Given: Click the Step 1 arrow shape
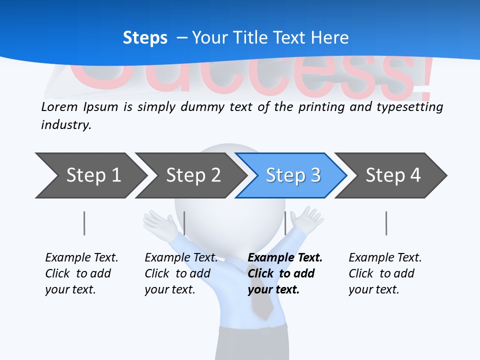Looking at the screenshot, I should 90,175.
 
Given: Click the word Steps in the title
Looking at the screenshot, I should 145,38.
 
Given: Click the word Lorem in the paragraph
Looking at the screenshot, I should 59,106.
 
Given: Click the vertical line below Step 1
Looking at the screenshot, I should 84,223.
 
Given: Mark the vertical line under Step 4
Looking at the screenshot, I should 386,223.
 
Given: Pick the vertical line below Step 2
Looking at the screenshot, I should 184,223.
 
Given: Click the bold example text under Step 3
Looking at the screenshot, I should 284,273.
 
